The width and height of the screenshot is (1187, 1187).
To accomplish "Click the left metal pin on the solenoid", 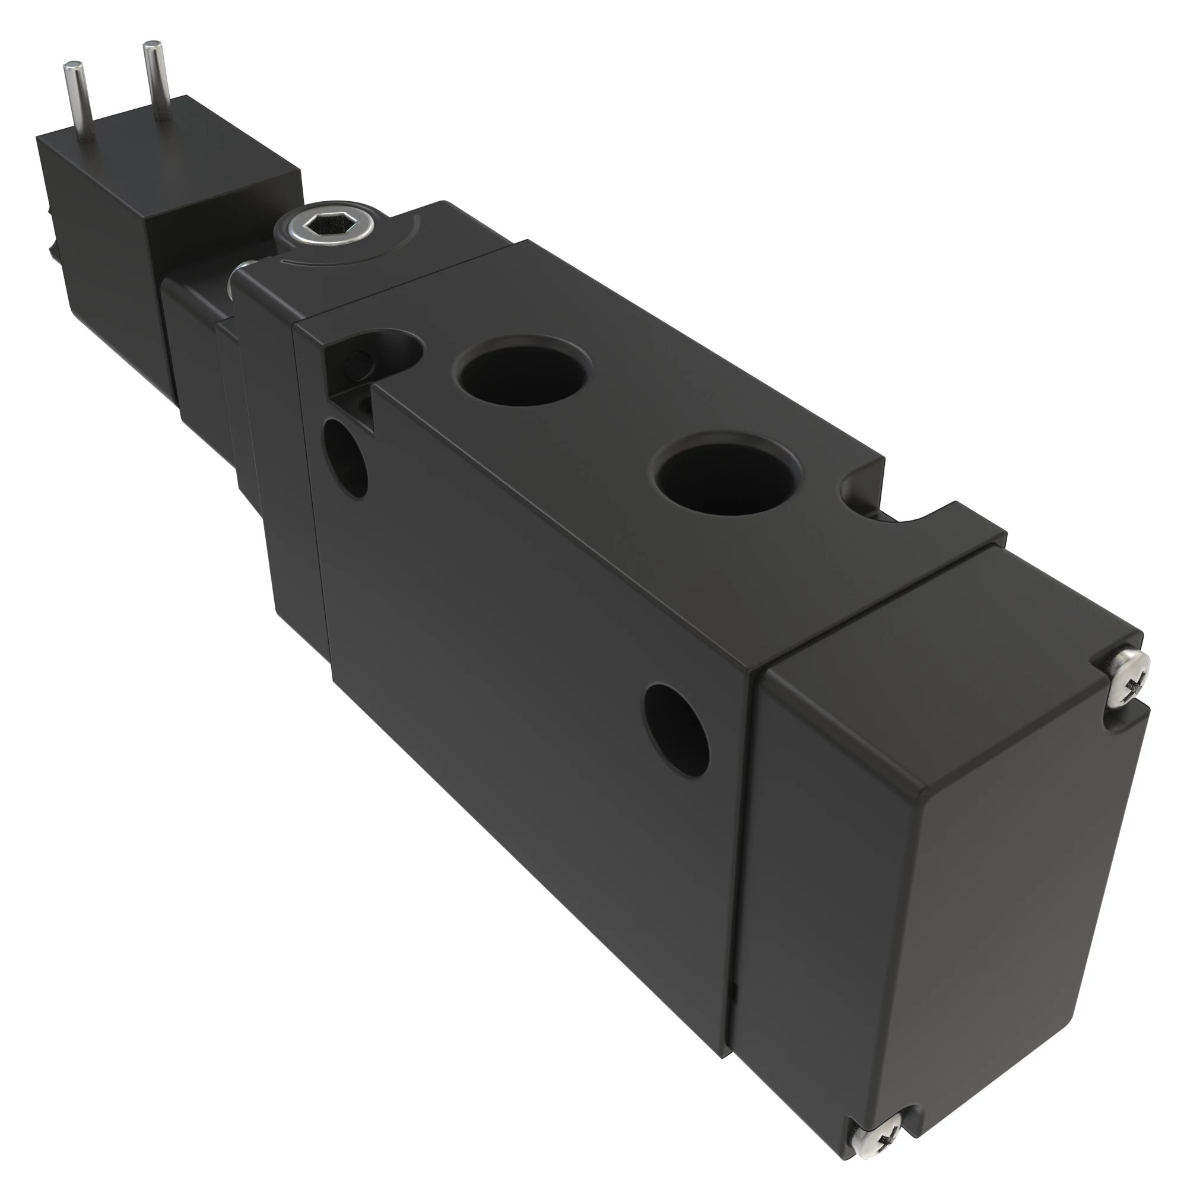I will [80, 101].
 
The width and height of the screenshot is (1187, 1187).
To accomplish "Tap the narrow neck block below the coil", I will [196, 344].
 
